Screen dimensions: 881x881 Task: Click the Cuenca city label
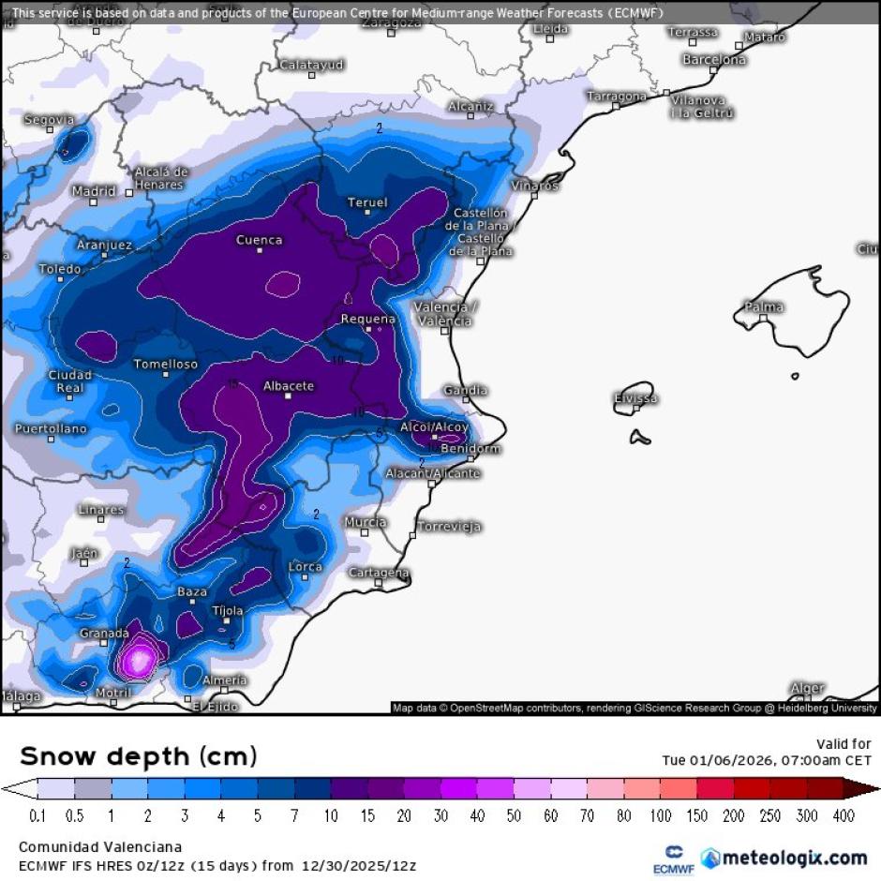click(x=259, y=240)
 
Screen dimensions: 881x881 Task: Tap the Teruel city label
click(x=367, y=202)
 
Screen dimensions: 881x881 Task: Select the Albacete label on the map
click(x=289, y=385)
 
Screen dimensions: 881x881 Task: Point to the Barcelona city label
click(x=714, y=60)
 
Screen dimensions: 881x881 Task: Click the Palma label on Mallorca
click(x=764, y=307)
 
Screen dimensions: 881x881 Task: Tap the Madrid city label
click(x=95, y=191)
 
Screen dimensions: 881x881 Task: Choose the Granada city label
click(x=104, y=634)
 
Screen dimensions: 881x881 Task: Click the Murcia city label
click(x=366, y=522)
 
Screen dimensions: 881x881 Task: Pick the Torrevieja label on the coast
click(x=449, y=527)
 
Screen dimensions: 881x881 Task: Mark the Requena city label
click(x=367, y=319)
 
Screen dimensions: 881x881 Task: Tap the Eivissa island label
click(x=635, y=398)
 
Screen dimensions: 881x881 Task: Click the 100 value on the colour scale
click(x=661, y=816)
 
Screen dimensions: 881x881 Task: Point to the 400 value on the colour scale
click(x=844, y=816)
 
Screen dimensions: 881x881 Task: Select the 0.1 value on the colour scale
click(x=38, y=816)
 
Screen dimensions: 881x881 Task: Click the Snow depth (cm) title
click(x=138, y=755)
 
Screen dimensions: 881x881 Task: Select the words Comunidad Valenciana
click(x=94, y=847)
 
